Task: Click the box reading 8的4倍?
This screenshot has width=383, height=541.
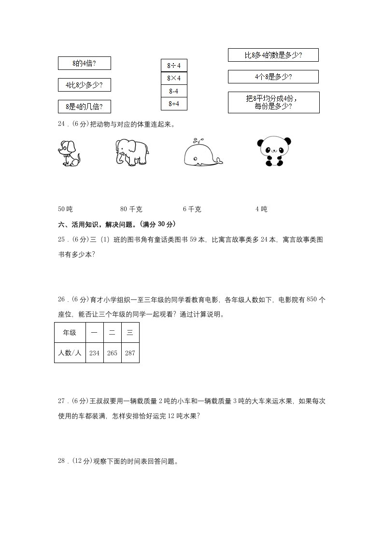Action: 84,63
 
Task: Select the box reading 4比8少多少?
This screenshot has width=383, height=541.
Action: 84,85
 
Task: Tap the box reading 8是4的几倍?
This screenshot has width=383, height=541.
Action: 84,106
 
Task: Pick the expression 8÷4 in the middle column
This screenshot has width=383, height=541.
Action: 174,66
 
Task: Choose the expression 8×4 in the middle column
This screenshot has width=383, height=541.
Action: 174,78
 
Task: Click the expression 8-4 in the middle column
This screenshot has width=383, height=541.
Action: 174,91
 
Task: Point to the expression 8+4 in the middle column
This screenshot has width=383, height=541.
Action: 174,103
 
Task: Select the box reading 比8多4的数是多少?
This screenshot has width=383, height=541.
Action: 273,55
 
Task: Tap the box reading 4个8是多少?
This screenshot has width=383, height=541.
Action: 273,77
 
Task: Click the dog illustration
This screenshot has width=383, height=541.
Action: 69,152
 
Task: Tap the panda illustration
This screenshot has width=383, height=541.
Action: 274,151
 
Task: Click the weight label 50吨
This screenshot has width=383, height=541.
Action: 65,209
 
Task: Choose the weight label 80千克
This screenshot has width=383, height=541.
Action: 131,209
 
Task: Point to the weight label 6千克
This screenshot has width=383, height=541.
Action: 192,209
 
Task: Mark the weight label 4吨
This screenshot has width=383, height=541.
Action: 261,209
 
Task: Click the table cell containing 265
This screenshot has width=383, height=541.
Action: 112,353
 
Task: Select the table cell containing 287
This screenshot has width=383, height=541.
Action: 130,353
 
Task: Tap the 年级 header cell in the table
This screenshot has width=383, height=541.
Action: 70,333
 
